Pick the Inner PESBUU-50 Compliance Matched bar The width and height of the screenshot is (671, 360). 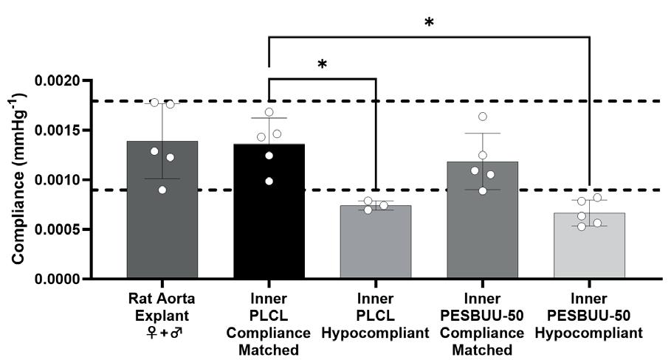coord(482,221)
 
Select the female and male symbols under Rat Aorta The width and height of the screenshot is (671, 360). coord(162,333)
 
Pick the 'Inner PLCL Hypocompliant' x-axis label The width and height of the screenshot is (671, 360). coord(376,317)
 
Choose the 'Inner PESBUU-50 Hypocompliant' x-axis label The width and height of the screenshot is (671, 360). coord(589,317)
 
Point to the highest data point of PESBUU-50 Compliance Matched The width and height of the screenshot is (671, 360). coord(483,117)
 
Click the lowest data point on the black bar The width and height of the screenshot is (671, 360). coord(269,181)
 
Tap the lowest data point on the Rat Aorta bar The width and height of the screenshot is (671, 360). coord(163,190)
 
